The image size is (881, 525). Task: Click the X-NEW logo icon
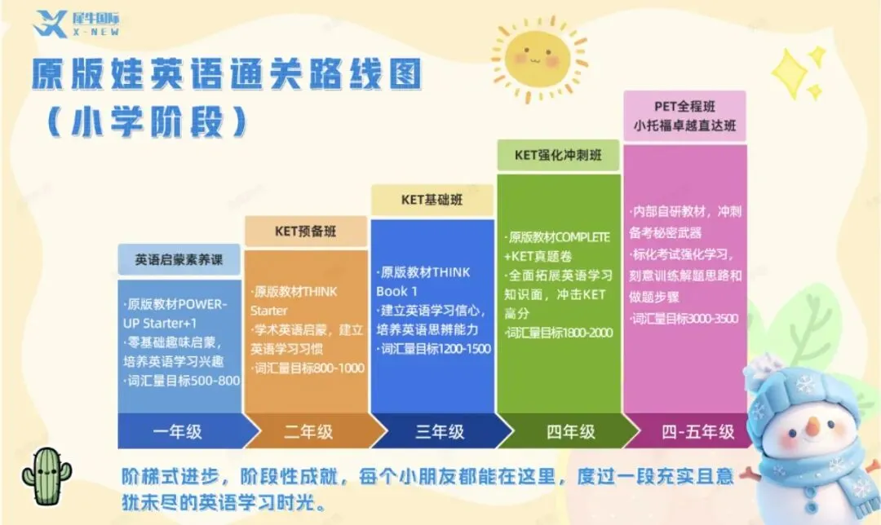coord(50,22)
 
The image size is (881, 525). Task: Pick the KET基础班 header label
coord(432,200)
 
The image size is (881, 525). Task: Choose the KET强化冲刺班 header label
coord(558,154)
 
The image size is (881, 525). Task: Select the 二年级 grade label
coord(308,431)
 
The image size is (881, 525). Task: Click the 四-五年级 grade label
coord(697,431)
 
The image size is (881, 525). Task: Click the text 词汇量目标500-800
coord(180,380)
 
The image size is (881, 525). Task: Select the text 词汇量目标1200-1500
coord(433,348)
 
